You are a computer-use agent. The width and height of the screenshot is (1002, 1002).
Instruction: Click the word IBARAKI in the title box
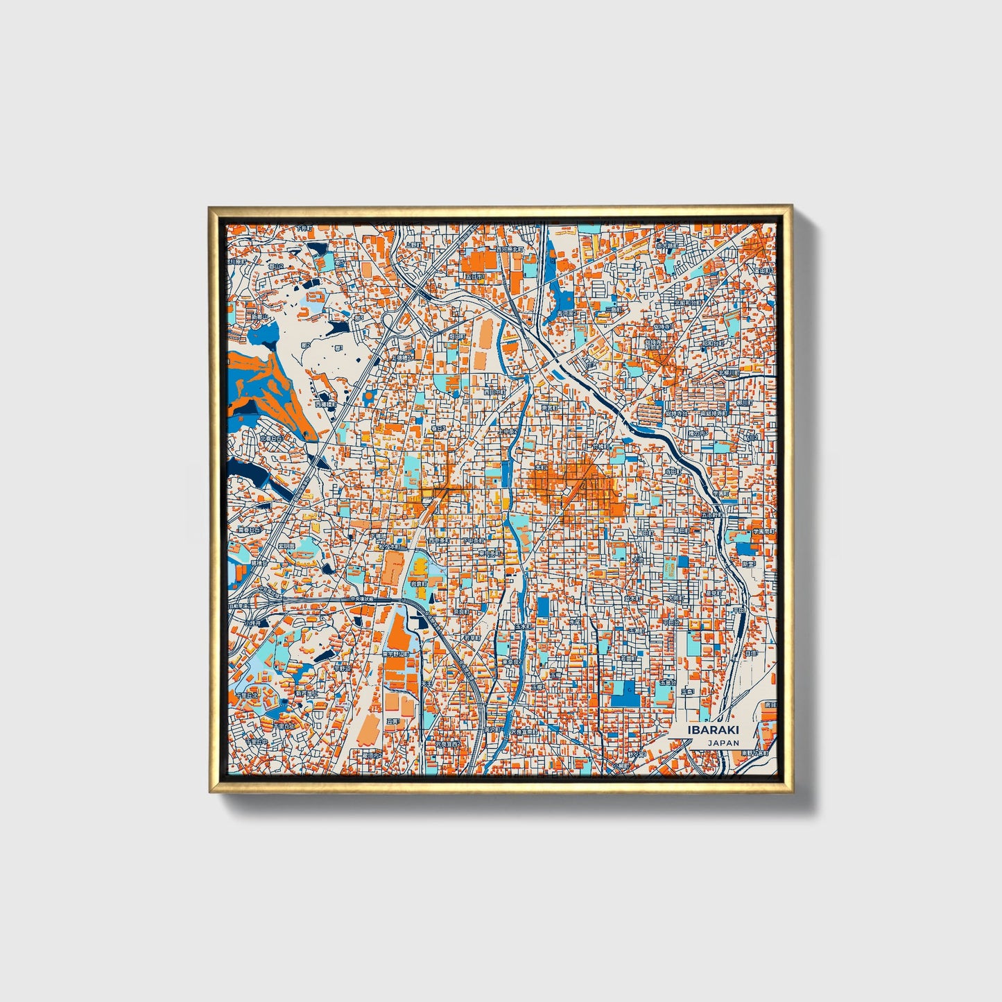pyautogui.click(x=713, y=730)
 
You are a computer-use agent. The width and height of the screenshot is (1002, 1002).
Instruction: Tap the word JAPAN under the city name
pyautogui.click(x=723, y=743)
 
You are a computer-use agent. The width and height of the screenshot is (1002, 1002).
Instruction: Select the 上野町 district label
pyautogui.click(x=413, y=245)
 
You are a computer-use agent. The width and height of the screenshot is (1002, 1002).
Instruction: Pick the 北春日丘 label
pyautogui.click(x=271, y=438)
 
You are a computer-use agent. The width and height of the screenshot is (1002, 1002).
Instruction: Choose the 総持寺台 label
pyautogui.click(x=677, y=413)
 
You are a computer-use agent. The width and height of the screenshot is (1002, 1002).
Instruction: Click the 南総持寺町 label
pyautogui.click(x=714, y=413)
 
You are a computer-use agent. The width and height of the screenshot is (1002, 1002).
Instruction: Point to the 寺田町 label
pyautogui.click(x=671, y=472)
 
